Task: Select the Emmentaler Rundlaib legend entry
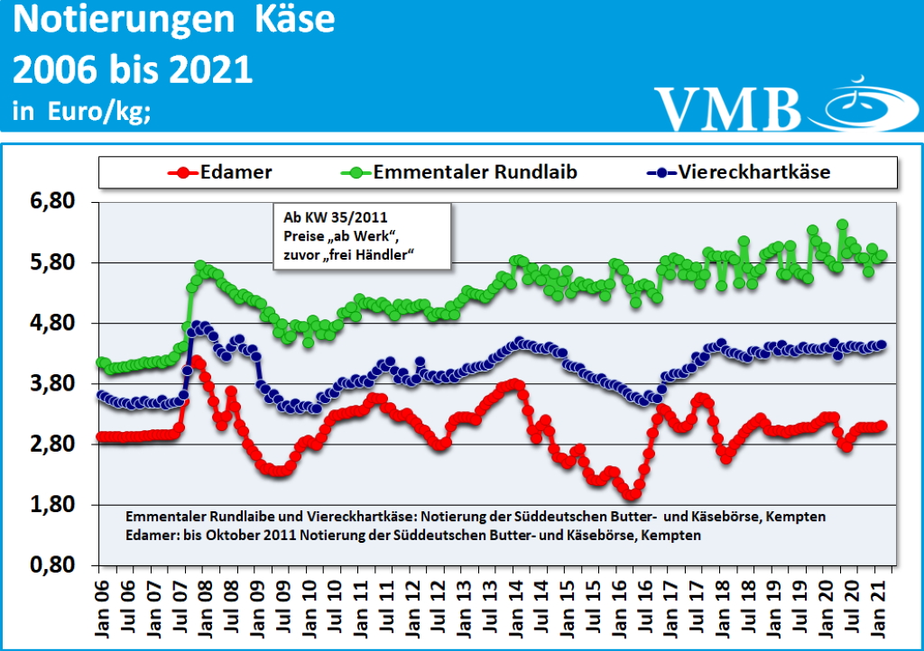coord(475,171)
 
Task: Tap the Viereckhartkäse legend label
coord(753,171)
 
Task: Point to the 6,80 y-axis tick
coord(51,202)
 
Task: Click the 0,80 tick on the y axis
coord(51,565)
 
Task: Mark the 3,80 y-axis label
coord(51,383)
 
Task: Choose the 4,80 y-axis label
coord(51,323)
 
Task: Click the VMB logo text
coord(727,108)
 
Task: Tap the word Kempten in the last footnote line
coord(675,535)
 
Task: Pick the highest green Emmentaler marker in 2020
coord(842,225)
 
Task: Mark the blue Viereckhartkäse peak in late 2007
coord(197,325)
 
